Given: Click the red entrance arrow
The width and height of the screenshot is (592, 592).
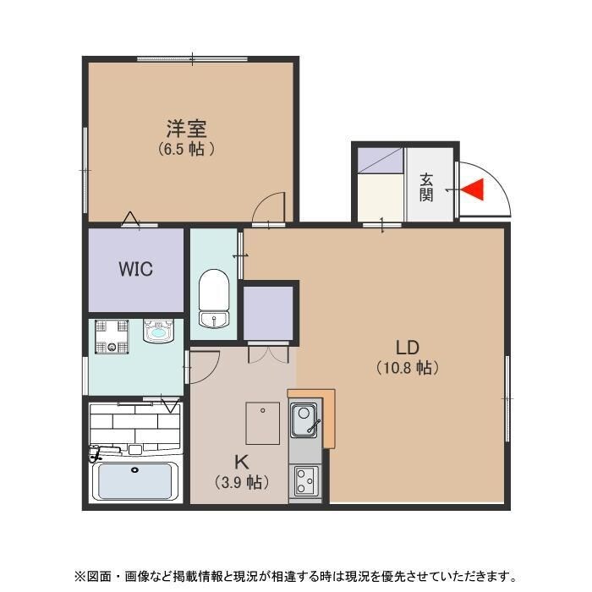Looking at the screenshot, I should coord(474,190).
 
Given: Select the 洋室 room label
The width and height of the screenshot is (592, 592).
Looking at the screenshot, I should coord(186,129).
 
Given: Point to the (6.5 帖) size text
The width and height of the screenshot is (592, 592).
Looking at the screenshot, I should coord(186,150).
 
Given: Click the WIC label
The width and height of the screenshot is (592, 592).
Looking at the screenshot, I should coord(135,270).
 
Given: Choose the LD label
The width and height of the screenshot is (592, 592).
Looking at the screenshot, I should coord(408,348).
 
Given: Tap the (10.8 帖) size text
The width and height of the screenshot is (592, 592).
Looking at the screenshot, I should coord(407,368).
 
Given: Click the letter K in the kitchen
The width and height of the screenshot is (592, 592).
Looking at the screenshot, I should coord(241,463).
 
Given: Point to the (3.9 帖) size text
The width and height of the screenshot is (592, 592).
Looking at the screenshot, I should coord(241,483).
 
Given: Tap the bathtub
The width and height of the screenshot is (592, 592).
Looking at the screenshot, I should coord(134,480).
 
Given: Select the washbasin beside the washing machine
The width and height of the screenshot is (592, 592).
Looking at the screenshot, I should coord(158,331).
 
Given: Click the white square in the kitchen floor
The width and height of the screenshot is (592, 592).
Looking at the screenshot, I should coord(263,423).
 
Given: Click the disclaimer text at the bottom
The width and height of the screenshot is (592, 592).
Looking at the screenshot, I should coord(296,577).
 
